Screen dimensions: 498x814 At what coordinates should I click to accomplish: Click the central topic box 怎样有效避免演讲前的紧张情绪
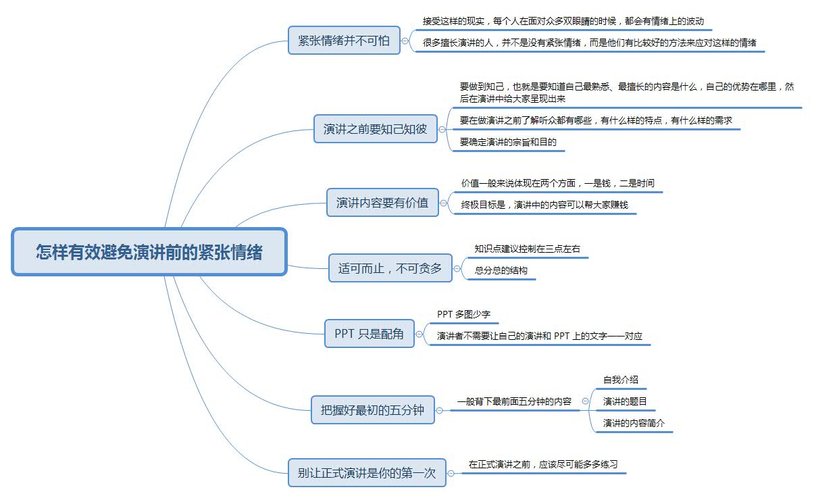(x=149, y=252)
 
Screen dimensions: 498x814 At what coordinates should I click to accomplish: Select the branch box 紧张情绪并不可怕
(x=344, y=41)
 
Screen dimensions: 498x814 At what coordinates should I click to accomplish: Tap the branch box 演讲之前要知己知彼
(x=375, y=128)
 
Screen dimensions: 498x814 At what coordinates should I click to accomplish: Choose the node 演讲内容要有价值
(x=382, y=203)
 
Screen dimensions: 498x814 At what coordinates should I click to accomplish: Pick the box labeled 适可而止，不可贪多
(x=390, y=268)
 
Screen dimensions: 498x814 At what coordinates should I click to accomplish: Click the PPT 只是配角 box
(x=369, y=334)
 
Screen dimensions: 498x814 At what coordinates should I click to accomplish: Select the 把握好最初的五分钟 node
(x=372, y=409)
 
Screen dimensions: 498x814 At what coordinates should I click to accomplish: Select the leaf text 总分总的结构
(x=501, y=270)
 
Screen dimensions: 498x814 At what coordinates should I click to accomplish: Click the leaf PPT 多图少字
(x=463, y=314)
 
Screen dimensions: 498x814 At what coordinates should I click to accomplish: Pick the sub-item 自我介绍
(x=620, y=380)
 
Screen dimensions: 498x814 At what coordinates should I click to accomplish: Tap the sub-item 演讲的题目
(x=625, y=401)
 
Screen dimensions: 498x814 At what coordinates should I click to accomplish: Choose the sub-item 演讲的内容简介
(x=634, y=423)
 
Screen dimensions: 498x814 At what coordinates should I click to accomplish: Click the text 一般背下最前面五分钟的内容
(x=514, y=401)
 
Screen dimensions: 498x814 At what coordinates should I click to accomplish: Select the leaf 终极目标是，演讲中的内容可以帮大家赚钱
(x=544, y=205)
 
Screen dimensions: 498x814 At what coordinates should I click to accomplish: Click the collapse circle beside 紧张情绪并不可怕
(x=405, y=41)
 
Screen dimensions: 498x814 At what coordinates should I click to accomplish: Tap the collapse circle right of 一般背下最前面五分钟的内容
(x=585, y=401)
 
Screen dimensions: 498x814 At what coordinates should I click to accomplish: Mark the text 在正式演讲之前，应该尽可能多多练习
(x=543, y=465)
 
